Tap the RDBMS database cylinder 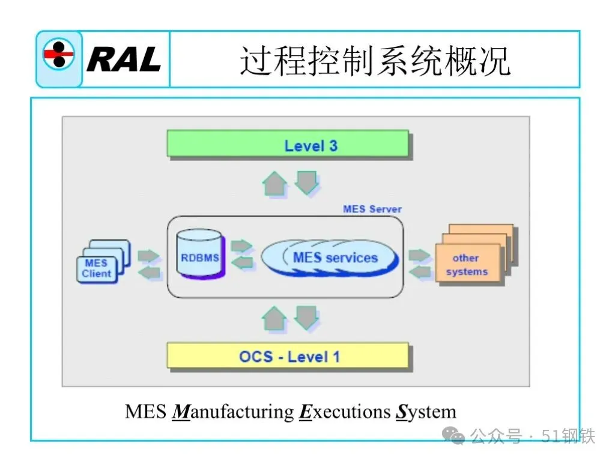(201, 255)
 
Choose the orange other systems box (467, 264)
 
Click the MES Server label (372, 209)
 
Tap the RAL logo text (124, 59)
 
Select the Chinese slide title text (375, 60)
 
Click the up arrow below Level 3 (275, 182)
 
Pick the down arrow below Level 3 (306, 182)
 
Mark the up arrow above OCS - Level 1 (275, 318)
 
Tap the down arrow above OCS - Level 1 (306, 318)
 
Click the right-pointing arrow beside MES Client (148, 256)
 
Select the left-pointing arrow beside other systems (420, 271)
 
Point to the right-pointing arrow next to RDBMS (241, 246)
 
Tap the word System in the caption (426, 412)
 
